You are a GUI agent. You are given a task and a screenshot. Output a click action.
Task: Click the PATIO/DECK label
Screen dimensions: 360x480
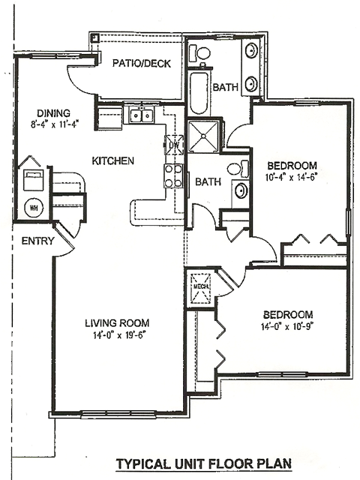(x=142, y=63)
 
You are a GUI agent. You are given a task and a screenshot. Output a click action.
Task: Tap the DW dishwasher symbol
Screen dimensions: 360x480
(x=174, y=145)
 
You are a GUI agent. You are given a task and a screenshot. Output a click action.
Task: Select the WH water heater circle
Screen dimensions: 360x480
(x=34, y=208)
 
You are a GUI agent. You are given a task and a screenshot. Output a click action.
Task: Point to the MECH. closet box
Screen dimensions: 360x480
(x=201, y=287)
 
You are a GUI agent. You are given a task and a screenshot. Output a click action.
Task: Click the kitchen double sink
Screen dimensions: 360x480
(x=142, y=115)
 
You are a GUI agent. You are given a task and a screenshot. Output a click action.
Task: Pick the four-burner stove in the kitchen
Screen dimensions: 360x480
(x=173, y=176)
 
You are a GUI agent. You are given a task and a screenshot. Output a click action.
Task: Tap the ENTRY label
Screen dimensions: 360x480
(x=37, y=241)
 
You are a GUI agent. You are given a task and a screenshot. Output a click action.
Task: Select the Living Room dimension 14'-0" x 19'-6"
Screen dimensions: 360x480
(x=118, y=335)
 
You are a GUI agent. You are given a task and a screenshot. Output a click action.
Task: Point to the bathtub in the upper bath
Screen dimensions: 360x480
(x=199, y=93)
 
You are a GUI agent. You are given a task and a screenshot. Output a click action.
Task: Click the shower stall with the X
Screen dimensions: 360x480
(x=203, y=136)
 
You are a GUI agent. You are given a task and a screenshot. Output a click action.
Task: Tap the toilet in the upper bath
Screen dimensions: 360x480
(x=199, y=53)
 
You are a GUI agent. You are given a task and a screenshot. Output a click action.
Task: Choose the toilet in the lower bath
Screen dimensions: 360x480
(x=238, y=169)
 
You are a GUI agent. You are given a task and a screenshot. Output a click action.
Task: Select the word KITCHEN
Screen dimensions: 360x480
(x=113, y=160)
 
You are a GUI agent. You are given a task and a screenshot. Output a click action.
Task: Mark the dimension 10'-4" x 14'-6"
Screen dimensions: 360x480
(x=290, y=178)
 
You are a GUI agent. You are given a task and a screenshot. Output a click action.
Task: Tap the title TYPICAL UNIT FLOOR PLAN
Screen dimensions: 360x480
(x=203, y=463)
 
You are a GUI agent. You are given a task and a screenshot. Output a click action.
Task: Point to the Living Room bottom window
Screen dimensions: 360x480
(x=118, y=414)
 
